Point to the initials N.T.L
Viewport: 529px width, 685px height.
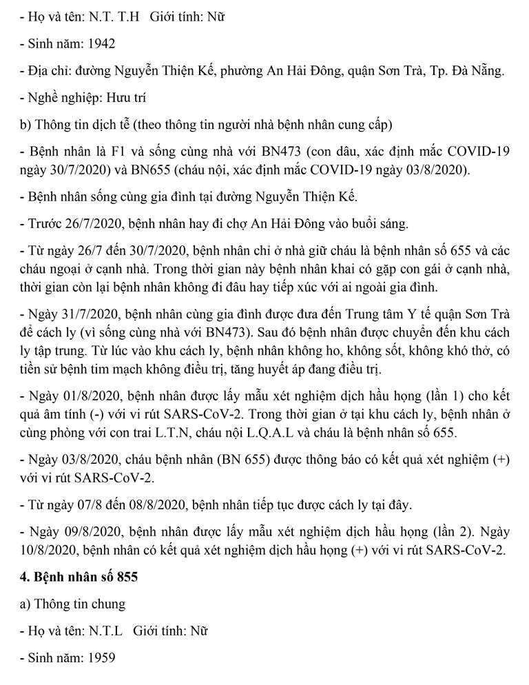[103, 631]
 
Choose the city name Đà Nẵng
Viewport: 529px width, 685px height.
[478, 71]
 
